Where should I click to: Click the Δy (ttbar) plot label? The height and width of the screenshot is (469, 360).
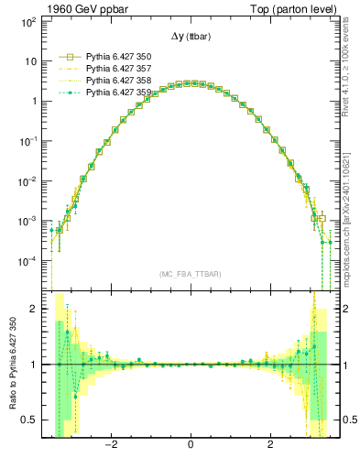pos(190,36)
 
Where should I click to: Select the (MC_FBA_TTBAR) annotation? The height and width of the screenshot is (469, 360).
pos(190,274)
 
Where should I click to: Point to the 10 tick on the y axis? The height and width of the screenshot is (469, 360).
pos(31,61)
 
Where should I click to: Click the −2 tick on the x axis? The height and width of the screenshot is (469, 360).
pos(111,446)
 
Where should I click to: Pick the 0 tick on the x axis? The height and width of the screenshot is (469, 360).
pos(190,446)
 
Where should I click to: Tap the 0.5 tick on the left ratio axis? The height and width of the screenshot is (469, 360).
pos(29,420)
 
